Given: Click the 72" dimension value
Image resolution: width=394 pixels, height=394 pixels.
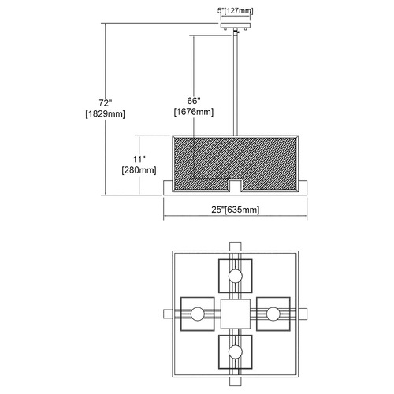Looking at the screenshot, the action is (x=106, y=102).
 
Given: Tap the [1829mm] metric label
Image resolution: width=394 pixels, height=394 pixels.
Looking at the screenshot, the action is (x=106, y=114).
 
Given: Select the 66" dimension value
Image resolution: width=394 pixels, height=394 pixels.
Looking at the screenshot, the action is (x=194, y=101).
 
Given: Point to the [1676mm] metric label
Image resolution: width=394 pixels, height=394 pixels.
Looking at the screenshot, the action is (x=194, y=112).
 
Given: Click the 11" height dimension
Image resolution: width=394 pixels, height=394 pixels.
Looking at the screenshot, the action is (x=139, y=159).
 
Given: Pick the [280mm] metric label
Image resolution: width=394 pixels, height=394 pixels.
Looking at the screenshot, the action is (x=139, y=170).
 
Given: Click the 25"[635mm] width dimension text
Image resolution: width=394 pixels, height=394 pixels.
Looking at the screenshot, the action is (x=236, y=210).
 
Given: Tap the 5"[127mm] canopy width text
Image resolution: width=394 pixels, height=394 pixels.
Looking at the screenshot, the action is (x=236, y=11).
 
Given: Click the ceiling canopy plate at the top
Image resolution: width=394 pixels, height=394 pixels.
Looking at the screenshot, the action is (x=236, y=25).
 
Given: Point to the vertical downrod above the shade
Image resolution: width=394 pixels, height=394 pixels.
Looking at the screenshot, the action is (x=236, y=84).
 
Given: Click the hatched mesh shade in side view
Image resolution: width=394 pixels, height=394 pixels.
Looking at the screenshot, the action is (x=236, y=163).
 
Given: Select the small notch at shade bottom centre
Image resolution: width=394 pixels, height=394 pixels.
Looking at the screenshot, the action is (x=235, y=186).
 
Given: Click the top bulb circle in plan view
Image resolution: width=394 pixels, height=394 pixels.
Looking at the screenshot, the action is (x=236, y=276).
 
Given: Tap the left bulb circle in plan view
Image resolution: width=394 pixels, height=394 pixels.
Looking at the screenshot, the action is (x=198, y=314).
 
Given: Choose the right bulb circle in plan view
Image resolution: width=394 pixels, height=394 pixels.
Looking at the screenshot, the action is (x=273, y=314).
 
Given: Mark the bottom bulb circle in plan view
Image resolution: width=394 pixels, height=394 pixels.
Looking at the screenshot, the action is (x=236, y=351).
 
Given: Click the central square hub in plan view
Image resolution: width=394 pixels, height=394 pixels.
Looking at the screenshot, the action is (x=236, y=314).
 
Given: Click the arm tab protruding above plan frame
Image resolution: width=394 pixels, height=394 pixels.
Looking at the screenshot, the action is (x=236, y=247).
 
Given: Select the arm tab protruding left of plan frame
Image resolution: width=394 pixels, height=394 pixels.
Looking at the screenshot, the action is (x=168, y=314).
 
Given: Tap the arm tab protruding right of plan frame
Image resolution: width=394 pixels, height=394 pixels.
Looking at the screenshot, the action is (x=303, y=314).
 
